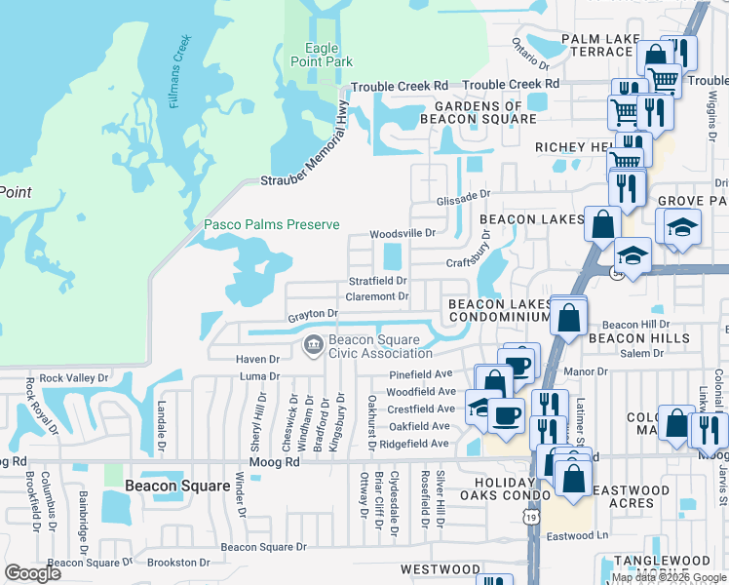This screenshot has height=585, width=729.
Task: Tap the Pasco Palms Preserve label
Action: coord(272,225)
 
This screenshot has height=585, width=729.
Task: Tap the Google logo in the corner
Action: coord(32,572)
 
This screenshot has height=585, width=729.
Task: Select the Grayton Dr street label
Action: coord(312,314)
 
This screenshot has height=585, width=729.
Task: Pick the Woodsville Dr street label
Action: coord(402,234)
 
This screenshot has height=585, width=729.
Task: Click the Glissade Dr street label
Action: coord(463,194)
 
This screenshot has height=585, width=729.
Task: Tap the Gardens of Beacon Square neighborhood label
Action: coord(479,112)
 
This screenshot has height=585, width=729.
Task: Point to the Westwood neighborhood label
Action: coord(441,569)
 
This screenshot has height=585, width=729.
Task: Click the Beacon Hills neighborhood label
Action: coord(639,338)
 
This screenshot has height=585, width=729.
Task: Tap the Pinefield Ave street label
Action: coord(421,373)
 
